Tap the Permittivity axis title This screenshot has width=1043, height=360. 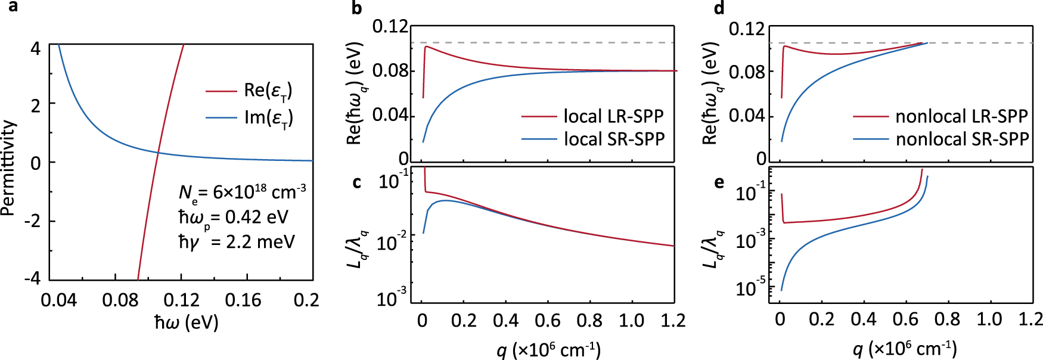pyautogui.click(x=8, y=167)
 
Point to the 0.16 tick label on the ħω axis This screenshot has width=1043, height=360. pyautogui.click(x=243, y=300)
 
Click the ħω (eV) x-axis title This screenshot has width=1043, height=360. pyautogui.click(x=187, y=322)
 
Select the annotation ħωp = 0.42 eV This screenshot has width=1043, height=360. pyautogui.click(x=234, y=218)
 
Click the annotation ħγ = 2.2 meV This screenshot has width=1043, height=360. pyautogui.click(x=237, y=242)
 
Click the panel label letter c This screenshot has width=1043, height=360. pyautogui.click(x=356, y=181)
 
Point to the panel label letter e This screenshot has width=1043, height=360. pyautogui.click(x=719, y=181)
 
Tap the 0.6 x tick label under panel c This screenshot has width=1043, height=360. pyautogui.click(x=547, y=321)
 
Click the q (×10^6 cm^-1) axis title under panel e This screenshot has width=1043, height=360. pyautogui.click(x=905, y=349)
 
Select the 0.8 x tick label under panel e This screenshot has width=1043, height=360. pyautogui.click(x=947, y=319)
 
